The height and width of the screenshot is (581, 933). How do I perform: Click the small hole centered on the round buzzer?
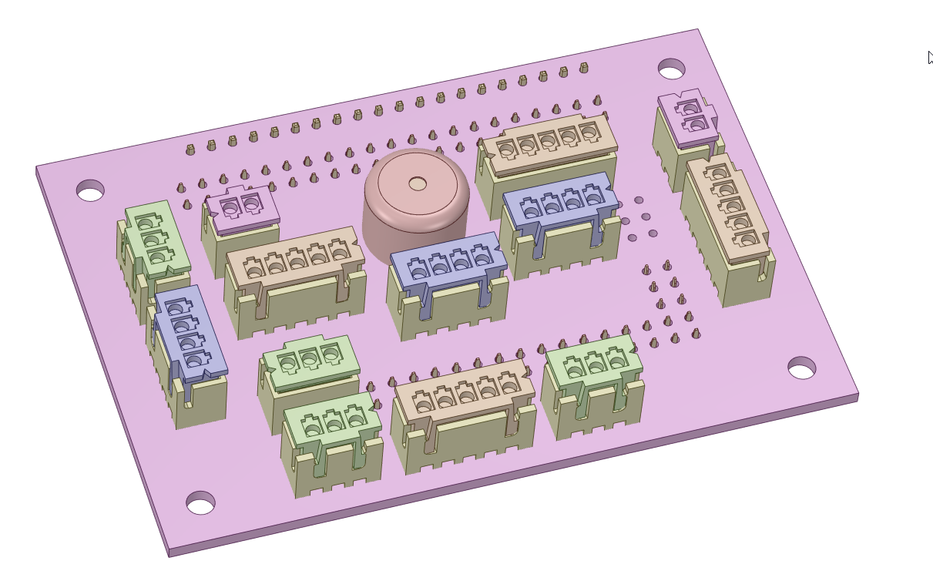point(418,183)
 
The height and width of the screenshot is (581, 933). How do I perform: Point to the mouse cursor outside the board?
point(930,58)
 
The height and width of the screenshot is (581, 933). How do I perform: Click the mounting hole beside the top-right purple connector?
point(672,69)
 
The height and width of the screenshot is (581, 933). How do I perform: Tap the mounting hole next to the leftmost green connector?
point(90,190)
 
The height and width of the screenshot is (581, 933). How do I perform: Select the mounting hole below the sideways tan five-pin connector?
point(801,368)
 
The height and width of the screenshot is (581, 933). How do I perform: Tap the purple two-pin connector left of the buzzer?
point(241,207)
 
